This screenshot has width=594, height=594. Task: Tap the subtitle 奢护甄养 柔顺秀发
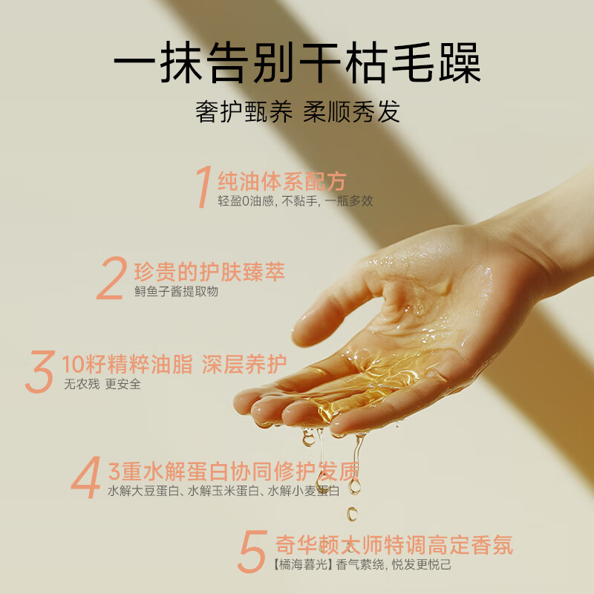[x=297, y=111]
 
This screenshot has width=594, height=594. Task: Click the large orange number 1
[x=202, y=187]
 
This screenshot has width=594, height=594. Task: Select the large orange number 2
[x=111, y=278]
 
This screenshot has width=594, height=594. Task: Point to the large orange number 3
[x=39, y=372]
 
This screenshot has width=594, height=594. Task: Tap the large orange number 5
[x=252, y=551]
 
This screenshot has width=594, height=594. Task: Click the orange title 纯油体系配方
[x=281, y=180]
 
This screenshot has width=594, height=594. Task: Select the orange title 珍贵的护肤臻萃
[x=209, y=271]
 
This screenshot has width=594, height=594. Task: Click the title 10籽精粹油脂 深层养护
[x=174, y=365]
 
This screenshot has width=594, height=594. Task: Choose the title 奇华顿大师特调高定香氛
[x=394, y=545]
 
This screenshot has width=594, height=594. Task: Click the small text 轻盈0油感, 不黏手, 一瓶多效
[x=296, y=201]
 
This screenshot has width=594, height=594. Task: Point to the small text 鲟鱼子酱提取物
[x=176, y=292]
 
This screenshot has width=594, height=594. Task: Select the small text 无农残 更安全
[x=102, y=385]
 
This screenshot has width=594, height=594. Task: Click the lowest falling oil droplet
[x=352, y=513]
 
